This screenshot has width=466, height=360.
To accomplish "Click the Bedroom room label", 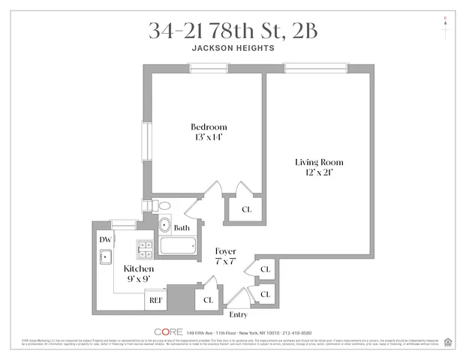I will click(x=208, y=127).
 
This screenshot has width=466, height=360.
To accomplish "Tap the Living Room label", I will click(x=314, y=162).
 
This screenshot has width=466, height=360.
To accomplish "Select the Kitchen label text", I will click(x=140, y=268).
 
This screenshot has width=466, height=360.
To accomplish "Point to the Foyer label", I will click(x=226, y=251).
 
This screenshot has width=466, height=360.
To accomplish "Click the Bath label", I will click(x=182, y=228).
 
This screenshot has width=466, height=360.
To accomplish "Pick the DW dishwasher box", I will click(x=105, y=239).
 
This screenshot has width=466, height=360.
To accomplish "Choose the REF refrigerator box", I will click(x=156, y=301).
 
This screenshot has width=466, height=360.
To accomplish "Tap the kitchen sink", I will click(x=106, y=258).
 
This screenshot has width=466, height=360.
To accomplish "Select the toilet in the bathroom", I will click(x=161, y=206).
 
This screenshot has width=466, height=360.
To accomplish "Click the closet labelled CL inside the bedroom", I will click(x=246, y=209).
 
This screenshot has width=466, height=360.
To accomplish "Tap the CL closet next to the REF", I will click(x=208, y=300).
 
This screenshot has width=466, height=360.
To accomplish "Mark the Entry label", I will click(x=238, y=314).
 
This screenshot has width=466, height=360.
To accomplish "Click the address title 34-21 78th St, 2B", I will click(x=232, y=31).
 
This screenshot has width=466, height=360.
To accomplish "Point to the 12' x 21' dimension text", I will click(x=314, y=172).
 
